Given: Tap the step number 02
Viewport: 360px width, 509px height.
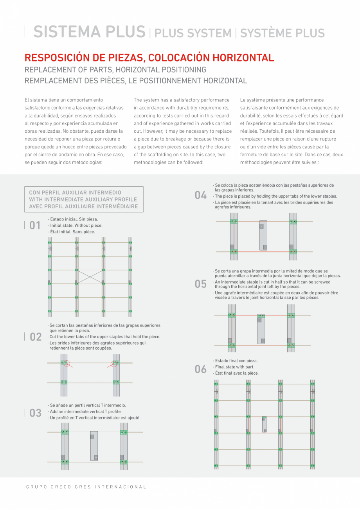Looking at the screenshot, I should tap(36, 337).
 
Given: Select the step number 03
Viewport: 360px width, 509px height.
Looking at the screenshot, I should tap(36, 413).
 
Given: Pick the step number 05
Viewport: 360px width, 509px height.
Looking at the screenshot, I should tap(201, 284).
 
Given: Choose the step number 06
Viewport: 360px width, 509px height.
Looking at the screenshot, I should tap(201, 369).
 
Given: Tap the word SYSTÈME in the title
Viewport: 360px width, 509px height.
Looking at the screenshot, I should tap(264, 33).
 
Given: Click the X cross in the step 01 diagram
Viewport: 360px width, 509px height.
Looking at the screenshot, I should tap(90, 277).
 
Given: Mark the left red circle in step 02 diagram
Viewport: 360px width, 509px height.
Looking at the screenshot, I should tap(66, 363).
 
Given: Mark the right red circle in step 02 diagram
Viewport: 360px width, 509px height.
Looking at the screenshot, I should tap(114, 363).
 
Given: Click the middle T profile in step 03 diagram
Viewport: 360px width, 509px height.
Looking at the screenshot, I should tap(94, 446).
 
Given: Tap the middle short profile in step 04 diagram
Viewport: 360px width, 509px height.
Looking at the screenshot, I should tap(263, 235).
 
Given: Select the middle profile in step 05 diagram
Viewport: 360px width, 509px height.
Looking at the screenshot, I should tap(261, 329).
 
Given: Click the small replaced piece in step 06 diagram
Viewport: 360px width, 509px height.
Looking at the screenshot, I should tap(265, 424).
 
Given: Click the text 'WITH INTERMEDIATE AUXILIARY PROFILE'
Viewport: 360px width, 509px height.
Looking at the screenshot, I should tap(83, 199).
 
